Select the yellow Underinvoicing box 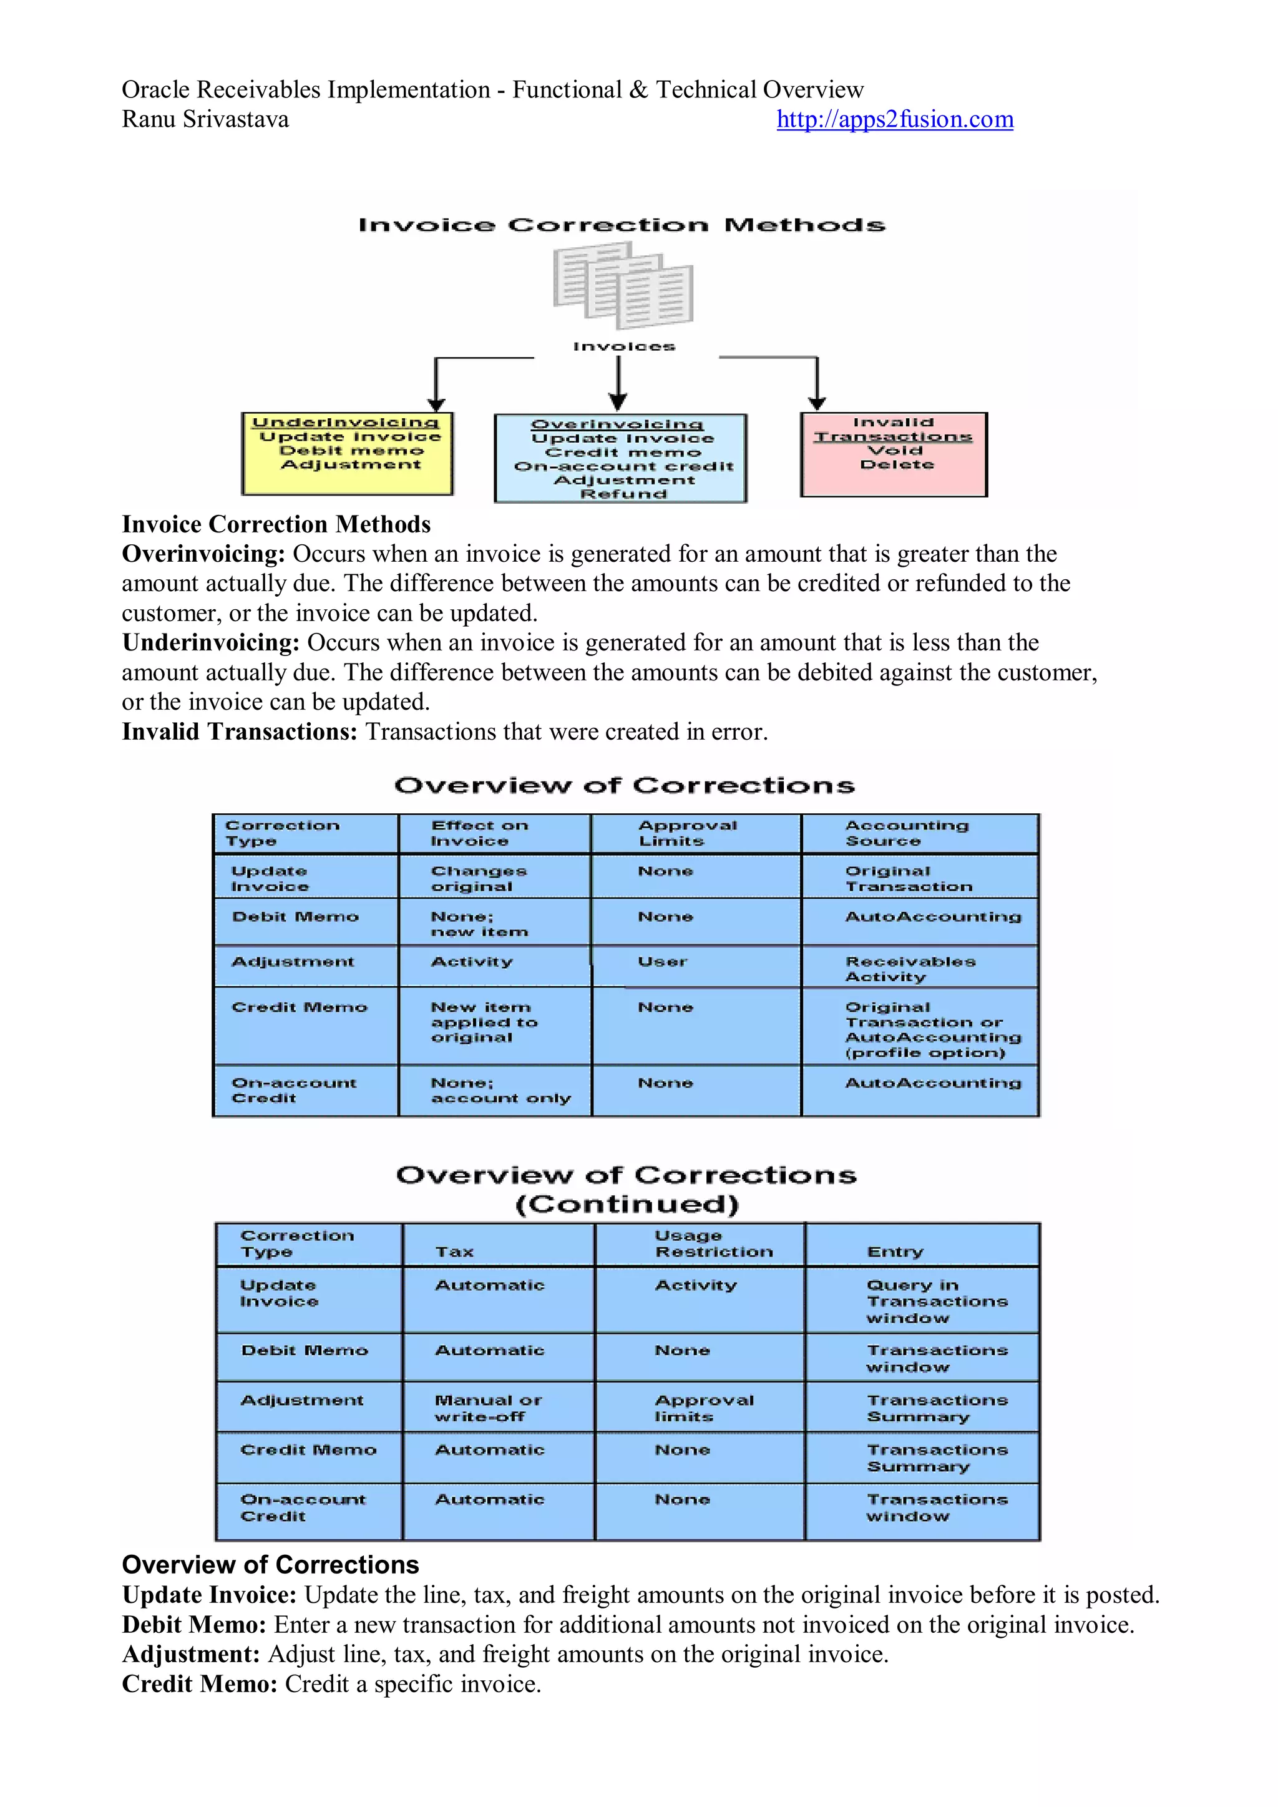pos(347,454)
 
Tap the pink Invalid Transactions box pos(894,454)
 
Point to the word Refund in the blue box pos(623,494)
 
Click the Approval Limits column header pos(687,833)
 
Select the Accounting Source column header pos(907,833)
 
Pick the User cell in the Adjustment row pos(663,962)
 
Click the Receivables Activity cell pos(910,969)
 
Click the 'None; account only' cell pos(500,1091)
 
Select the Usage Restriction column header pos(714,1243)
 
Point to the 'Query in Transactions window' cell pos(937,1301)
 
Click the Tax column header pos(455,1251)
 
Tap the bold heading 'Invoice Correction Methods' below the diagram pos(276,524)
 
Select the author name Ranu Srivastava pos(205,120)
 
